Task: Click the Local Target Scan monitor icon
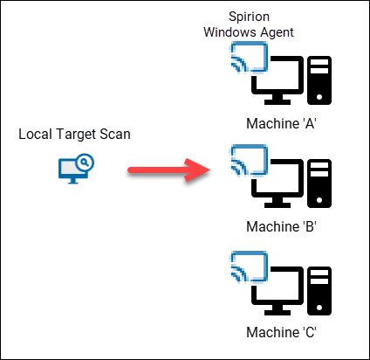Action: tap(72, 168)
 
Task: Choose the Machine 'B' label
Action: tap(281, 226)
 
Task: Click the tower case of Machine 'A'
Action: tap(320, 78)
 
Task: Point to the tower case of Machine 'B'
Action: tap(320, 182)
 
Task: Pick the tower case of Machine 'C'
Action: tap(320, 287)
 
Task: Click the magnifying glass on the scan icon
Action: tap(84, 163)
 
